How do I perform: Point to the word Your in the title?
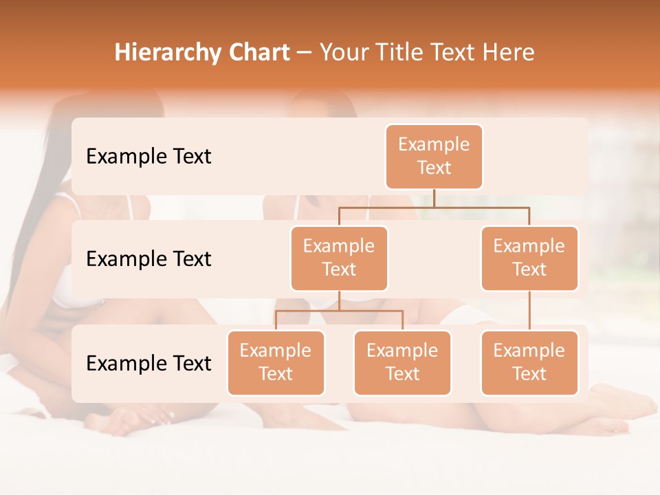click(344, 53)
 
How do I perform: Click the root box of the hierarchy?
click(434, 157)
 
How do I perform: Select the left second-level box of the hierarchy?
click(339, 258)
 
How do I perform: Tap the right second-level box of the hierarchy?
click(529, 258)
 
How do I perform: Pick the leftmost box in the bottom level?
click(276, 362)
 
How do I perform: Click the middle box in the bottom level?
click(402, 362)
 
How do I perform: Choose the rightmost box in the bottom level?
click(529, 362)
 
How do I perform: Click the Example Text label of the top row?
click(148, 157)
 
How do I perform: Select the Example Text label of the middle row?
click(148, 259)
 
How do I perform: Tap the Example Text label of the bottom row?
click(148, 363)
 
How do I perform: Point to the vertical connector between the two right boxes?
click(529, 311)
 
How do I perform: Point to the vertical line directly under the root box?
click(434, 198)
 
